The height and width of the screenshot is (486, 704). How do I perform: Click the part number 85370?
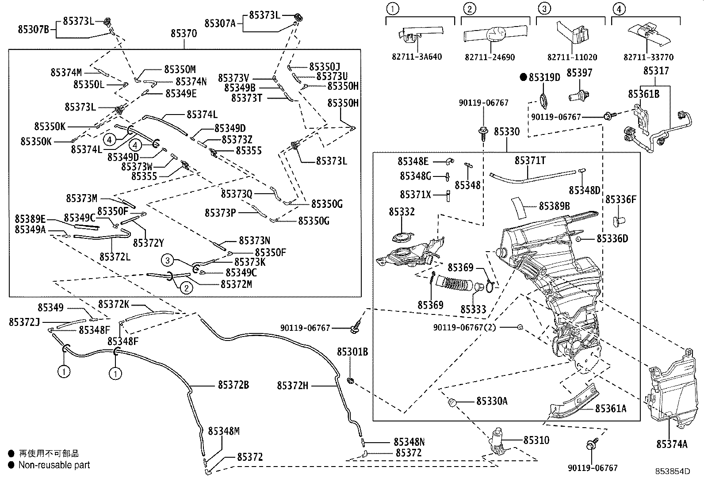pos(184,33)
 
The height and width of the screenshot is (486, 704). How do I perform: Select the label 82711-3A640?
pos(417,57)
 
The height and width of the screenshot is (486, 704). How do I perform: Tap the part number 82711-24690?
pos(490,57)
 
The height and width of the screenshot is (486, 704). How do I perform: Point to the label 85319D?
pos(544,77)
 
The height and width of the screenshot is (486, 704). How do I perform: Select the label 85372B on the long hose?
pos(233,385)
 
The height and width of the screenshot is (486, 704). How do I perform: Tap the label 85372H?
pos(293,386)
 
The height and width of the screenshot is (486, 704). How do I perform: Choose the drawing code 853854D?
pos(673,471)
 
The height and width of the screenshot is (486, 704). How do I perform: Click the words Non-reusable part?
pos(54,465)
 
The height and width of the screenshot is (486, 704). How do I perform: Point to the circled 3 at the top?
pos(545,8)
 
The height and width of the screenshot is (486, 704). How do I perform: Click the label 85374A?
pos(672,444)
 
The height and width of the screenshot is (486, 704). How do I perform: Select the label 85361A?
pos(611,408)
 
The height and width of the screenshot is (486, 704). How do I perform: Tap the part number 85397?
pos(579,73)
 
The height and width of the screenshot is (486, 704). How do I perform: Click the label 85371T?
pos(530,161)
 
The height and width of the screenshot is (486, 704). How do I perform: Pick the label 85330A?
pos(492,401)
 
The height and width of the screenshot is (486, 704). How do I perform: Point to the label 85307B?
pos(34,30)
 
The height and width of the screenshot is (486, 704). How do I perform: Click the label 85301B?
pos(352,352)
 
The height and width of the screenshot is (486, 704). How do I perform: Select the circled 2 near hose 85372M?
pos(186,288)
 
